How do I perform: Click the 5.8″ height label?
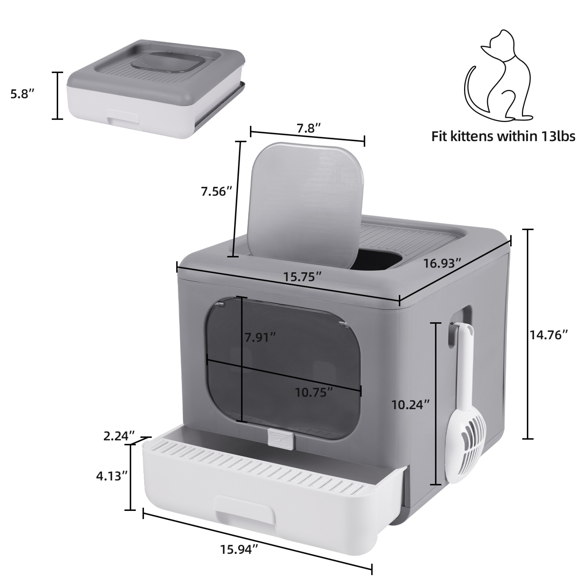tap(22, 94)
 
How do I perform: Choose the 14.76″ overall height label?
tap(548, 334)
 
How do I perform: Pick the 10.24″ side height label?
tap(411, 404)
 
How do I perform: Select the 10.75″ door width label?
tap(314, 392)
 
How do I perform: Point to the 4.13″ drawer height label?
tap(112, 476)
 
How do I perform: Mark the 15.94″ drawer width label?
tap(239, 550)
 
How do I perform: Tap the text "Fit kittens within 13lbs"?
tap(503, 136)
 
